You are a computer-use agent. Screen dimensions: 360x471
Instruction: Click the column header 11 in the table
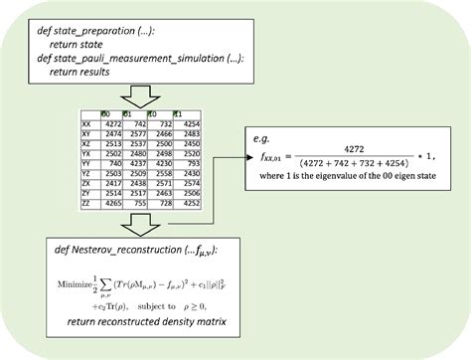click(177, 111)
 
